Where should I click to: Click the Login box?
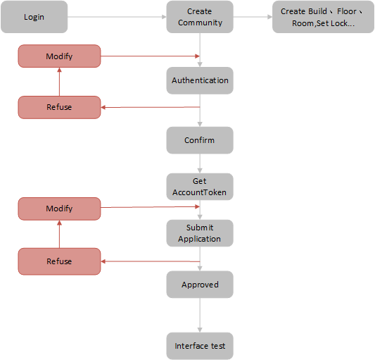click(34, 17)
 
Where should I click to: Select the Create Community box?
click(200, 17)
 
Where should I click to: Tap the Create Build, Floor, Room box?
click(323, 17)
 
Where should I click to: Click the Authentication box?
click(200, 80)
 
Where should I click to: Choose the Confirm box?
click(200, 140)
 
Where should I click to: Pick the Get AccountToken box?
click(200, 187)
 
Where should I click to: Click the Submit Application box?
click(200, 233)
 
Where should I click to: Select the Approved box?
click(200, 285)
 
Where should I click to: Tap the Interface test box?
click(200, 346)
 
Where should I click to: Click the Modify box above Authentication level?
click(59, 56)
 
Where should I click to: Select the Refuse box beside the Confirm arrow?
click(59, 107)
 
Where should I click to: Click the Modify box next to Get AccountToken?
click(59, 209)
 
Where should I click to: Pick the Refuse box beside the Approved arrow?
click(59, 261)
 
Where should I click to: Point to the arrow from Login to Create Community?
click(117, 17)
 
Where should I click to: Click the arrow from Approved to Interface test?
click(200, 315)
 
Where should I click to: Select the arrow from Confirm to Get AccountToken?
click(200, 163)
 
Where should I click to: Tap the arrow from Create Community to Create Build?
click(253, 17)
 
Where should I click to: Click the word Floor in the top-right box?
click(347, 11)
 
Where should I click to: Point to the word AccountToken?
click(199, 192)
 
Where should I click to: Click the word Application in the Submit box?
click(199, 239)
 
